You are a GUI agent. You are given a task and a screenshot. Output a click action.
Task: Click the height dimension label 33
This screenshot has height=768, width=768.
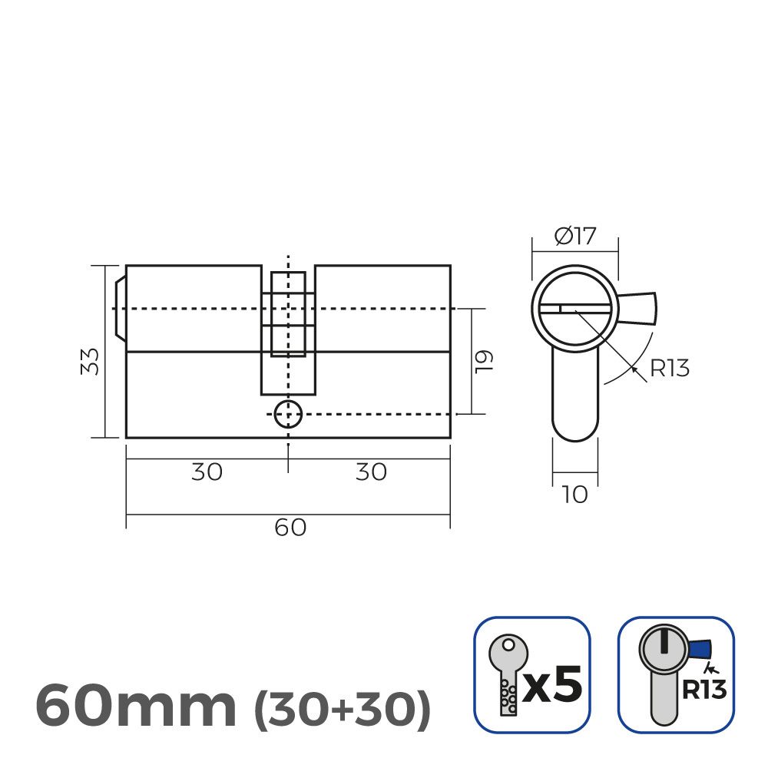click(x=91, y=361)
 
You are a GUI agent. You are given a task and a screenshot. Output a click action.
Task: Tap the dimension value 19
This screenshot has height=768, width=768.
click(x=483, y=361)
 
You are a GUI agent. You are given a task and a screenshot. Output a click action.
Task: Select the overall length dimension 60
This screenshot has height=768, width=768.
click(x=290, y=528)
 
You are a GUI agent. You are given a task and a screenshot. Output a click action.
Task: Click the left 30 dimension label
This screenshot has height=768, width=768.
click(x=207, y=472)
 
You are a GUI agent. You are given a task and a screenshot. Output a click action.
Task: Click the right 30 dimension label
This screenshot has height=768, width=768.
click(x=371, y=472)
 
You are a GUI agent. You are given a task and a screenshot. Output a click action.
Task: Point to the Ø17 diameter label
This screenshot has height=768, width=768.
click(x=574, y=236)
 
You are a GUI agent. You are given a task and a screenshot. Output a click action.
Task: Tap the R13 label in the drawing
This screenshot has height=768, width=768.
click(x=670, y=369)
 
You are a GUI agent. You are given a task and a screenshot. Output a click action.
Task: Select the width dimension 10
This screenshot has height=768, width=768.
click(x=574, y=495)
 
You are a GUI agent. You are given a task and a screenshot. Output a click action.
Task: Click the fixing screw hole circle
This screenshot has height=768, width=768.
click(x=288, y=414)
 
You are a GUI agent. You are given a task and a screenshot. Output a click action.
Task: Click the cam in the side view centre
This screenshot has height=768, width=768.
click(x=288, y=315)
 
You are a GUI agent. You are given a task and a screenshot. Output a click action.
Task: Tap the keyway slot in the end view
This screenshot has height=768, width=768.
click(x=574, y=309)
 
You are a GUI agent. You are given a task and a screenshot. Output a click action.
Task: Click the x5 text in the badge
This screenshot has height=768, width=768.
click(x=552, y=684)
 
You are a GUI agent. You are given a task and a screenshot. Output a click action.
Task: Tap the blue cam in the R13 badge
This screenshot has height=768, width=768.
click(x=700, y=650)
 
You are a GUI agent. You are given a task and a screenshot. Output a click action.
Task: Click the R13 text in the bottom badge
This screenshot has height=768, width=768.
click(x=703, y=690)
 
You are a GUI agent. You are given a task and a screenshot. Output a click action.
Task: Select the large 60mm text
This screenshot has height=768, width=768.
click(x=136, y=707)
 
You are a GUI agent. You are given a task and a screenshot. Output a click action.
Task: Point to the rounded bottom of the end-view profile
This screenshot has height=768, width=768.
click(x=574, y=430)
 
